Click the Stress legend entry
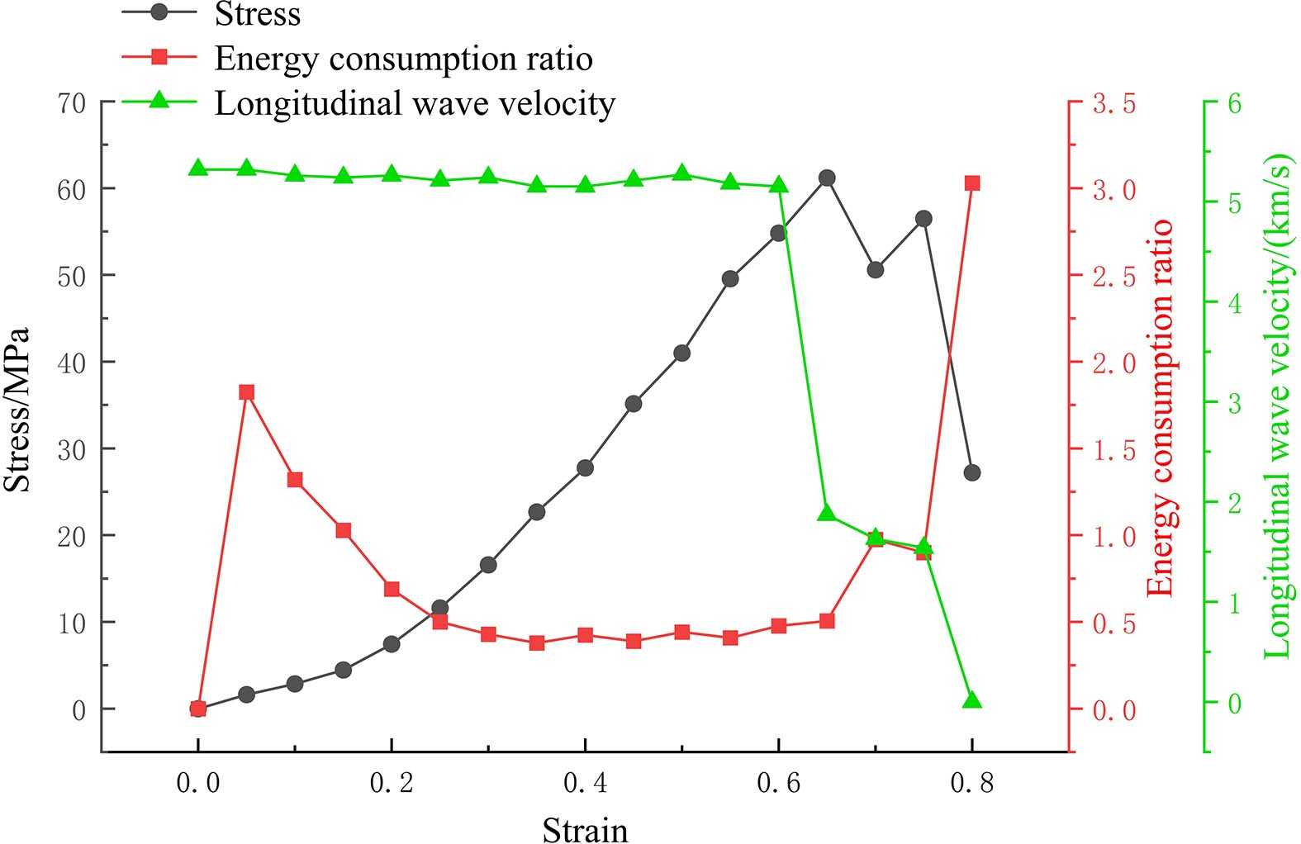256,14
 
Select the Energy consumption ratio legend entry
402,59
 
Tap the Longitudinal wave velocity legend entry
414,103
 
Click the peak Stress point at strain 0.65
827,178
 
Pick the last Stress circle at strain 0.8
972,473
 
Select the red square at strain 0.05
246,392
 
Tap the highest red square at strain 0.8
972,183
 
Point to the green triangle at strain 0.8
972,700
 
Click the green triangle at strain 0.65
827,514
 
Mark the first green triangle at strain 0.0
197,168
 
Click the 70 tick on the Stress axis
72,102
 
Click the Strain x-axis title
585,829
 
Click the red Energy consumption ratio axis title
1161,408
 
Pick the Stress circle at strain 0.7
876,270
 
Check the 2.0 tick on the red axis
1114,363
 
